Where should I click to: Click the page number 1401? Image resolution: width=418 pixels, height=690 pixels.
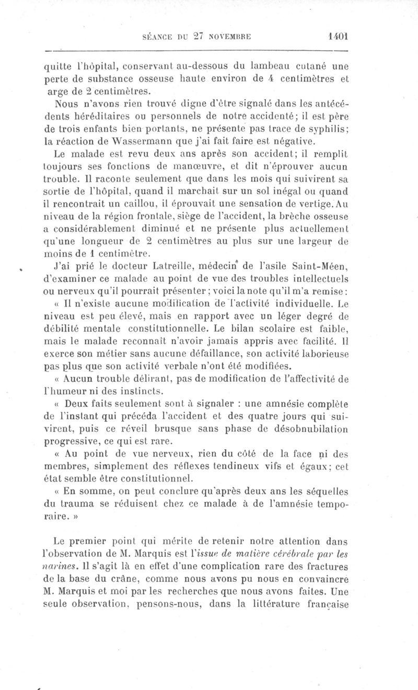(x=338, y=37)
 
